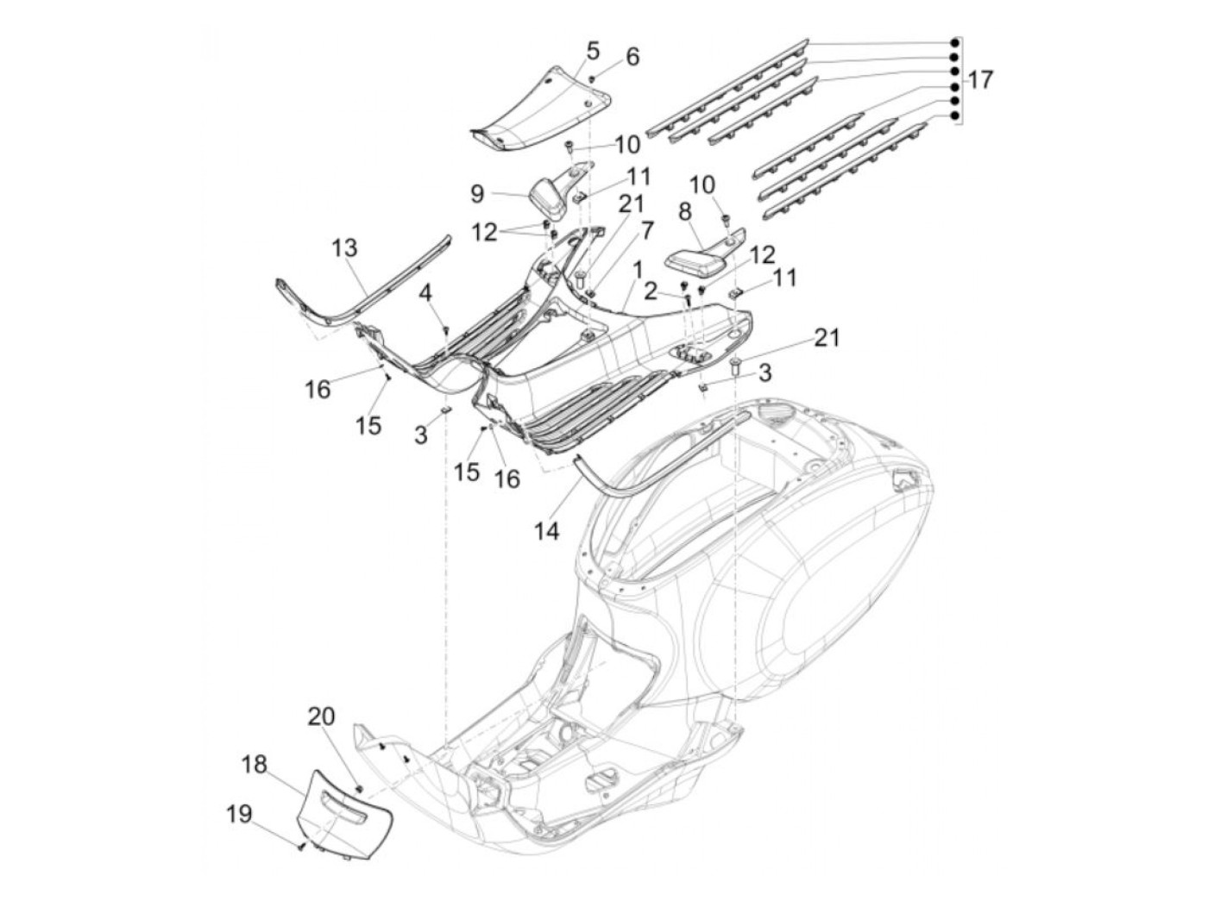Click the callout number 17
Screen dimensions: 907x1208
coord(980,80)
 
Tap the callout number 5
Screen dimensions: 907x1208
coord(593,51)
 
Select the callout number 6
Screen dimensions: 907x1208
coord(632,57)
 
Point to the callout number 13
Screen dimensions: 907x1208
coord(344,249)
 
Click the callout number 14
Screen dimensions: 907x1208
coord(547,530)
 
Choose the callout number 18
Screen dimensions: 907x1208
coord(255,765)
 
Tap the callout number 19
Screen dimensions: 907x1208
coord(240,813)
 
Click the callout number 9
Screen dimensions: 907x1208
coord(477,193)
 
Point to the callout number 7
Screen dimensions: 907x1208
coord(646,229)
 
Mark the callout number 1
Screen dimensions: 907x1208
coord(637,271)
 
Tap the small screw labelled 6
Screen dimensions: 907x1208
coord(591,79)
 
